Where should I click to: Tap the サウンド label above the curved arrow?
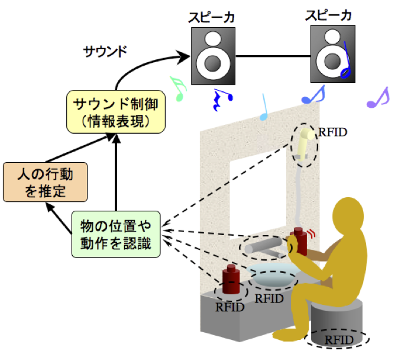tap(106, 51)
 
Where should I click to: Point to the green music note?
tap(177, 89)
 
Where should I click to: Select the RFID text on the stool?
tap(338, 340)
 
